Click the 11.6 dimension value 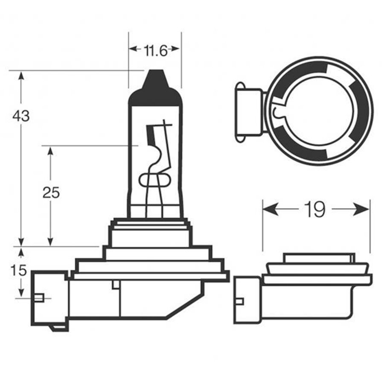(155, 51)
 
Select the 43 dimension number (21, 116)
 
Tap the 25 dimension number (51, 192)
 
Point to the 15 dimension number (19, 270)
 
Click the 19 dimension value (315, 209)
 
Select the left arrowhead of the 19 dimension (271, 209)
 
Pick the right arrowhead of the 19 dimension (361, 209)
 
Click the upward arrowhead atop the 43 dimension (21, 76)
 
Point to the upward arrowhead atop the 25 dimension (50, 151)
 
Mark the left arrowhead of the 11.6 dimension (133, 49)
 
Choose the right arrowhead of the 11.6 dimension (175, 49)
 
